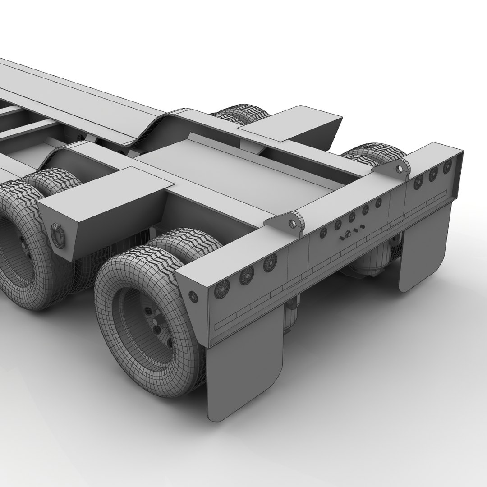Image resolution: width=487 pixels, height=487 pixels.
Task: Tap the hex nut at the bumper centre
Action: pyautogui.click(x=347, y=234)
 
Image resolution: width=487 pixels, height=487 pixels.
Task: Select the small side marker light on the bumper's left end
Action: pyautogui.click(x=193, y=296)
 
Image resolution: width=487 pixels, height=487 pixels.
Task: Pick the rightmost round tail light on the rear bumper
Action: pyautogui.click(x=447, y=166)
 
